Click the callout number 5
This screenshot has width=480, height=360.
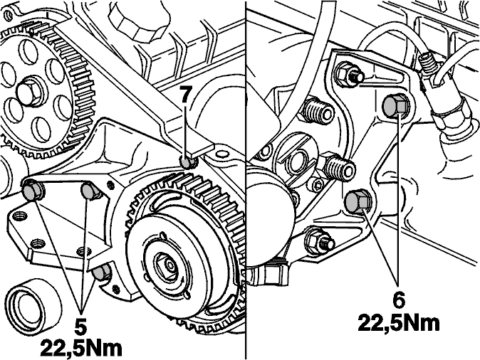(x=80, y=327)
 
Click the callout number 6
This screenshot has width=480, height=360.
(x=398, y=300)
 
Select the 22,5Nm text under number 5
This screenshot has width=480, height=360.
(x=81, y=348)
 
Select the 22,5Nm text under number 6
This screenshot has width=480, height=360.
(x=399, y=322)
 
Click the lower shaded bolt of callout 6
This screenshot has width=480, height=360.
(x=358, y=201)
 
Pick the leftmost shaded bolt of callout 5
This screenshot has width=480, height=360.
(x=31, y=191)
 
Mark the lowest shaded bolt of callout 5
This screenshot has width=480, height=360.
(x=102, y=272)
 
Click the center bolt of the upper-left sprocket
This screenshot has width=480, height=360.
(x=29, y=93)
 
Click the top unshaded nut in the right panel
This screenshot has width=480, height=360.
(x=350, y=73)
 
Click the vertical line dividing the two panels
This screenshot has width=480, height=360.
(x=246, y=180)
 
